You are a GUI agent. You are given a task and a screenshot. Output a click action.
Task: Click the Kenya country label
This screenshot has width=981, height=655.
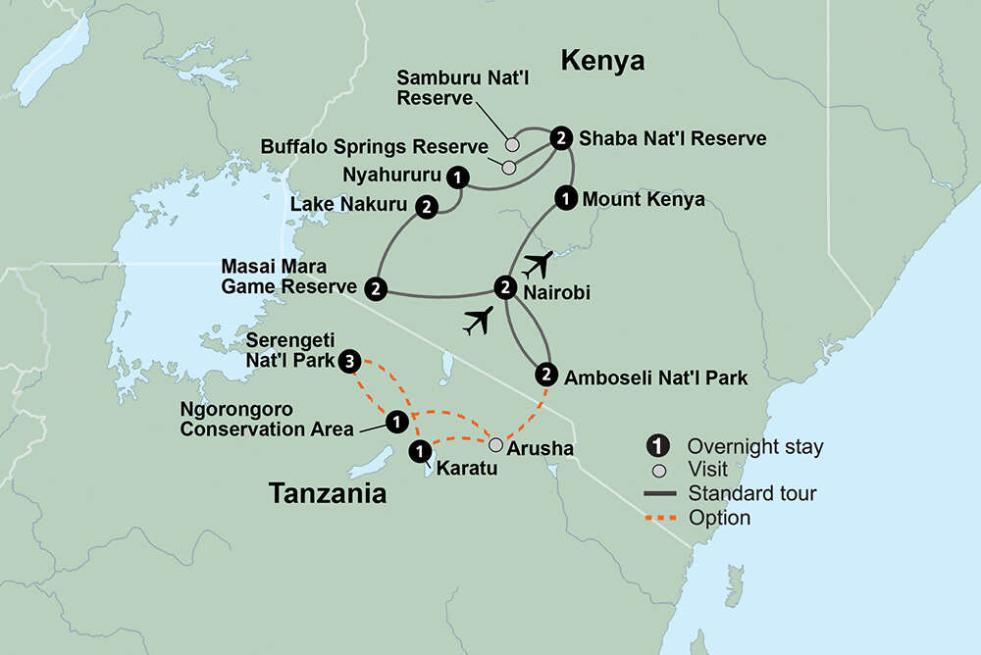tap(602, 61)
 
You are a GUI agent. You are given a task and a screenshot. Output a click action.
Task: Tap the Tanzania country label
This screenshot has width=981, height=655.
tap(328, 494)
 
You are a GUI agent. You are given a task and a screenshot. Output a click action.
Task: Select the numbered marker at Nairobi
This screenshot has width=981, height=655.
tap(504, 287)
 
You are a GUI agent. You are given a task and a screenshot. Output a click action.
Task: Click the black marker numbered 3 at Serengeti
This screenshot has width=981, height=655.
tap(352, 362)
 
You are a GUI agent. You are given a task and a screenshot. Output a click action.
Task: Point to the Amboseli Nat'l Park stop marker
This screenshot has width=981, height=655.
tap(546, 374)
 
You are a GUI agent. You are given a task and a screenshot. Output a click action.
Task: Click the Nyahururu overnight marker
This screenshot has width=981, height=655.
tap(456, 176)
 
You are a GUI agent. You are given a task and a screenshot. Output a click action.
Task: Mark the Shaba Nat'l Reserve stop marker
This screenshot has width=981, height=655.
tap(560, 137)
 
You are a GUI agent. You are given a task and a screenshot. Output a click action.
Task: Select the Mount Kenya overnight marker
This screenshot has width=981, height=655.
tap(566, 197)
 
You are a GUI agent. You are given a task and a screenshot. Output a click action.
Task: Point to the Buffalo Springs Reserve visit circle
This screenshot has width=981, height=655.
tap(508, 167)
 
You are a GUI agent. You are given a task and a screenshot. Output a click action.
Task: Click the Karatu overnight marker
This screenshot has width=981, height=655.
tap(419, 452)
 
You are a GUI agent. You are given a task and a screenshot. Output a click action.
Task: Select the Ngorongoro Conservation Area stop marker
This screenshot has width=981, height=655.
tap(394, 422)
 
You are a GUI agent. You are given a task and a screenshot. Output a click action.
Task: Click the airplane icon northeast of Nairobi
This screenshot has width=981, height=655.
tap(538, 264)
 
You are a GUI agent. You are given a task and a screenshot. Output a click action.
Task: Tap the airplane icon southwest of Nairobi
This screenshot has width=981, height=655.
tap(478, 321)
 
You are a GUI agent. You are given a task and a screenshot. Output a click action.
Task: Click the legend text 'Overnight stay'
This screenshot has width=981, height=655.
tap(754, 447)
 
